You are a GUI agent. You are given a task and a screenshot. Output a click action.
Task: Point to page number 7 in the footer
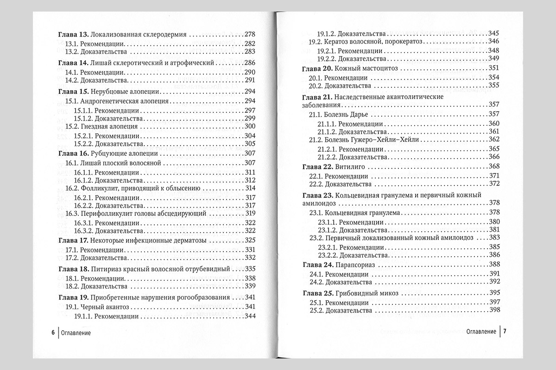pos(505,332)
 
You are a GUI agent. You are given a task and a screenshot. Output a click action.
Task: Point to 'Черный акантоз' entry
pos(106,307)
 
